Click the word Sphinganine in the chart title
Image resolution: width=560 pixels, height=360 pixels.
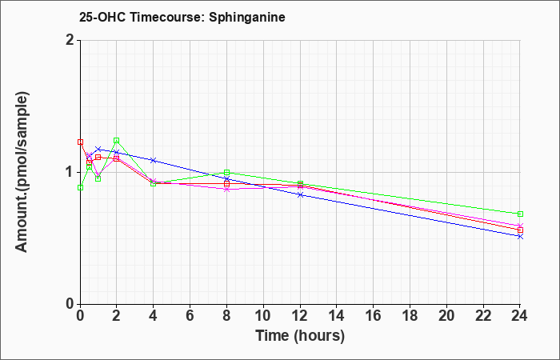(x=246, y=18)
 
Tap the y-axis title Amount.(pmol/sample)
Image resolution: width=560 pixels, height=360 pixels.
(x=22, y=172)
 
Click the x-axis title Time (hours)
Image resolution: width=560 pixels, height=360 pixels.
(x=300, y=336)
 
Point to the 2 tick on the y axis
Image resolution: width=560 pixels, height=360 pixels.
(x=70, y=40)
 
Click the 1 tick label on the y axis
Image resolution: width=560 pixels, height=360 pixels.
(x=70, y=172)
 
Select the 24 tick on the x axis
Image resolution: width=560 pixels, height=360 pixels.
(x=520, y=315)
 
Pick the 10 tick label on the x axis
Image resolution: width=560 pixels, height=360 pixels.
(x=263, y=315)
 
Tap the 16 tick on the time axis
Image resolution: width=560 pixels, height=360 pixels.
(x=374, y=315)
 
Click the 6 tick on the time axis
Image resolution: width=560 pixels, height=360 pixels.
(x=190, y=315)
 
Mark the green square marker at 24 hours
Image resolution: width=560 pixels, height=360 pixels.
(x=520, y=214)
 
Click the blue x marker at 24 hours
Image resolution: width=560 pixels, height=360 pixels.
(x=520, y=237)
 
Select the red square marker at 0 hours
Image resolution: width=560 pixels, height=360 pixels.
(x=80, y=142)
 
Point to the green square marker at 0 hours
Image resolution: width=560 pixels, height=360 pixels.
(x=80, y=187)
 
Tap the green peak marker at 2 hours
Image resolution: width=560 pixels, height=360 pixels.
(x=117, y=140)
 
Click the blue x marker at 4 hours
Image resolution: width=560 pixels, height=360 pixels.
(x=154, y=160)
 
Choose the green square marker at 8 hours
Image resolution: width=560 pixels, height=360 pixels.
(x=226, y=173)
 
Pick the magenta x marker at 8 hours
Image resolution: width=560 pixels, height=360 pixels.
(x=226, y=190)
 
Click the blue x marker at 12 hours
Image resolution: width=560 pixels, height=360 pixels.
(x=300, y=194)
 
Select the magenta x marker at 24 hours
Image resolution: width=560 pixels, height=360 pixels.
(x=520, y=226)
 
